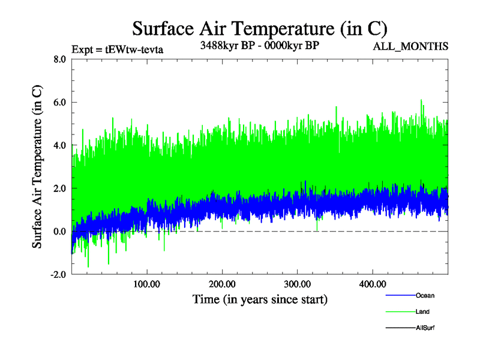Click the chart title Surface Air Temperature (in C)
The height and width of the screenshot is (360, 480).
260,29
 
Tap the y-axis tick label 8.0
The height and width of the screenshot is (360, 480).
59,59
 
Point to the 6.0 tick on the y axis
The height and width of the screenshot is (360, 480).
59,103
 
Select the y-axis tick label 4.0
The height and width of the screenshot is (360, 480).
59,145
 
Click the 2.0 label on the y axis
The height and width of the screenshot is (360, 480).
59,188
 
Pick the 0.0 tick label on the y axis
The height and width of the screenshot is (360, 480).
59,232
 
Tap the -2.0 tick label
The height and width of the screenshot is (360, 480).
58,275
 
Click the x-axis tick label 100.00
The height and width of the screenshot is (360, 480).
146,283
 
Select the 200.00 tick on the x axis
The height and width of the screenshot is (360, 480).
222,283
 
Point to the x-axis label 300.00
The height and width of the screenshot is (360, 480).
297,283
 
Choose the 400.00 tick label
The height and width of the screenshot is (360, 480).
372,283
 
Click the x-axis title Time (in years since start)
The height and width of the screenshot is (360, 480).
260,299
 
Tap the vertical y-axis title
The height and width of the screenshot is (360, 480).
37,167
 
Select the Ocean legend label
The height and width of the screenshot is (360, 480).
425,295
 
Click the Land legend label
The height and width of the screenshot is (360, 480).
422,312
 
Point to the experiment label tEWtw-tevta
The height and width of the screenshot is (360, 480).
117,49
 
